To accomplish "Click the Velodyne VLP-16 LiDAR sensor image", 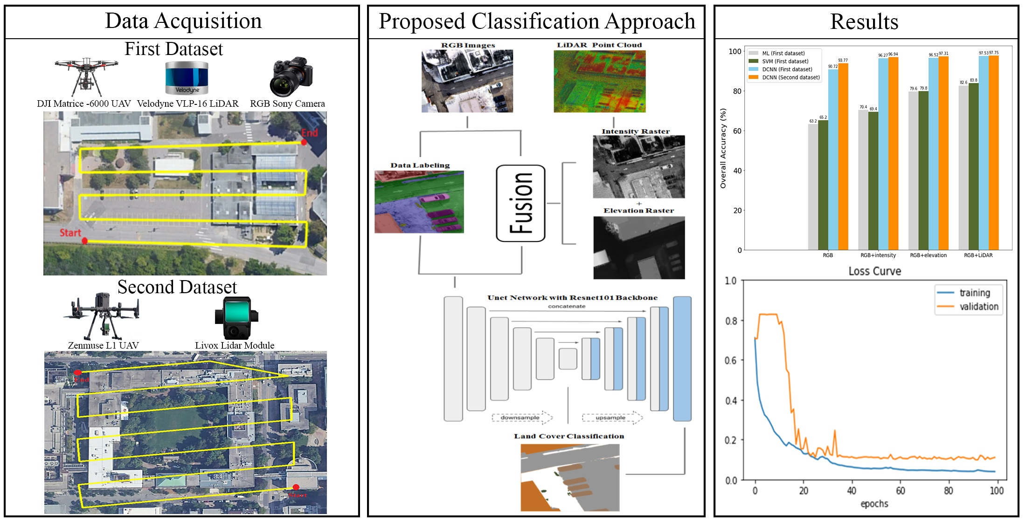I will click(187, 78).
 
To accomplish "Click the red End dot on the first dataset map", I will click(304, 142).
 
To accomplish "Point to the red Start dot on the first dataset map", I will click(84, 241).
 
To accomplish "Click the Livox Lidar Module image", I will click(236, 318).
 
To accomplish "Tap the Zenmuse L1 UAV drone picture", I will click(101, 316).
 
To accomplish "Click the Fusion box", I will click(520, 203).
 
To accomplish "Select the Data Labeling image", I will click(419, 202).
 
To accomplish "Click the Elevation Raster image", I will click(639, 248).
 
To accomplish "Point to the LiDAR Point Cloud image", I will click(600, 81).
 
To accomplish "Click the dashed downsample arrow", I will click(522, 418).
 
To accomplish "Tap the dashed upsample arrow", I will click(612, 418).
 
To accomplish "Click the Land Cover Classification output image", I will click(570, 477).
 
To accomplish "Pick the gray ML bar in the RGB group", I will click(813, 187).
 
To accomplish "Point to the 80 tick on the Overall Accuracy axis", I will click(737, 91).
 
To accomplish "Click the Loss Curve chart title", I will click(874, 271).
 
